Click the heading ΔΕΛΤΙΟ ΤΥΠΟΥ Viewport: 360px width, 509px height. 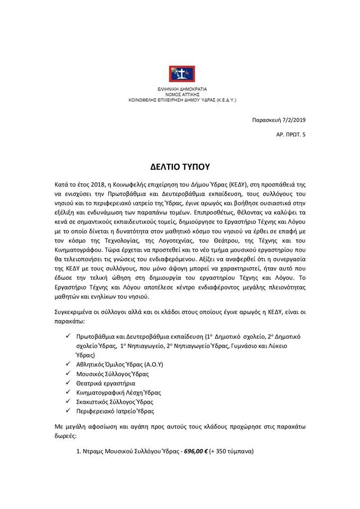point(180,166)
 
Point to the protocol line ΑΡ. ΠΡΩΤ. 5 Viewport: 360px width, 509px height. point(291,135)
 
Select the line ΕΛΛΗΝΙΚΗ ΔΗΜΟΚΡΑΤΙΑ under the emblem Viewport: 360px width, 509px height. point(179,88)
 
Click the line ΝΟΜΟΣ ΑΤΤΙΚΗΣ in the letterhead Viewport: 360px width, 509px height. point(179,93)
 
